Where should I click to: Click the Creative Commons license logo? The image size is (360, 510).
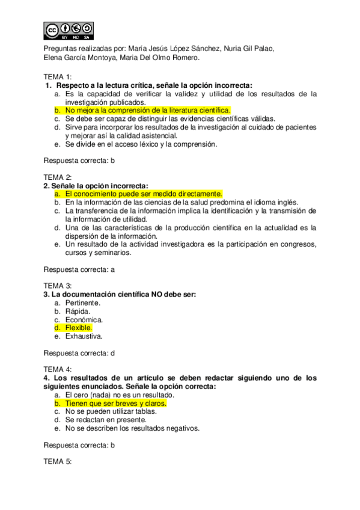point(69,31)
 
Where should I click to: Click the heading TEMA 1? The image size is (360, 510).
point(58,77)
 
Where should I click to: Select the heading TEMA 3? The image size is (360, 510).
point(58,286)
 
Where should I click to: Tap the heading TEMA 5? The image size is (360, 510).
point(58,461)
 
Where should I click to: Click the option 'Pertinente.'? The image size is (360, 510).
point(83,303)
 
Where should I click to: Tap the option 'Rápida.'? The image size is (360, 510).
point(78,311)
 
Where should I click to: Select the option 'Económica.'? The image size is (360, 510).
point(84,319)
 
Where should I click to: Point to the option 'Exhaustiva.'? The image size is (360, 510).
point(84,336)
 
